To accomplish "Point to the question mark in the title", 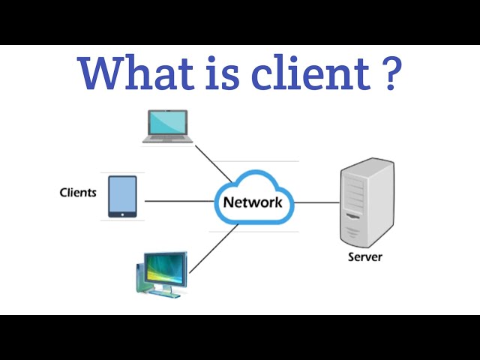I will tap(389, 73).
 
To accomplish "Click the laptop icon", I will tap(168, 126).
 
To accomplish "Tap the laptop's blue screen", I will tap(168, 121).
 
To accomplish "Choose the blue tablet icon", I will tap(122, 196).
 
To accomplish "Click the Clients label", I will tap(78, 193).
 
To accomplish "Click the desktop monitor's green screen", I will tap(165, 267).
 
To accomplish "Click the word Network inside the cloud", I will tap(252, 202).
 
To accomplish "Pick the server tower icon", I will tap(365, 202).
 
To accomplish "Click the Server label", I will tap(365, 257).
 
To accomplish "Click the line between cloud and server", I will tap(316, 202).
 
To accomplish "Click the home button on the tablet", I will tap(122, 214).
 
